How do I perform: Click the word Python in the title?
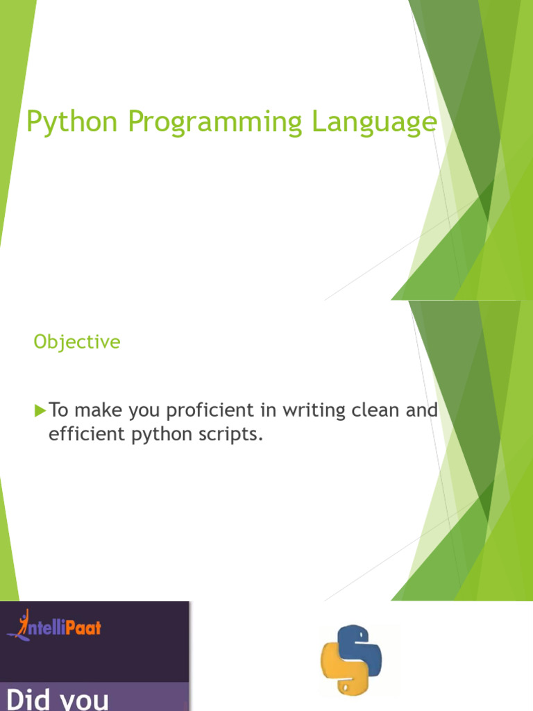click(x=71, y=122)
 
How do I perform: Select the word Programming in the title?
click(x=215, y=122)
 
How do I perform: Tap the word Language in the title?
click(x=374, y=122)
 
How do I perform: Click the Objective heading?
click(x=77, y=342)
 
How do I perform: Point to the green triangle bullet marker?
click(x=40, y=411)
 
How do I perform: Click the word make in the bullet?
click(x=99, y=410)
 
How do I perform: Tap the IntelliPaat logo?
click(x=54, y=626)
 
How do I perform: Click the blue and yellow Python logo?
click(x=351, y=660)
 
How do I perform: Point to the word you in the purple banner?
click(x=85, y=701)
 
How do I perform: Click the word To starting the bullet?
click(x=58, y=410)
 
